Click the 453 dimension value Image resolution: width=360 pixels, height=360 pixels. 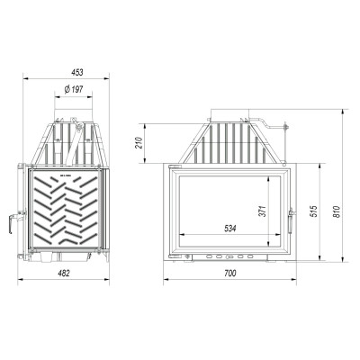click(76, 72)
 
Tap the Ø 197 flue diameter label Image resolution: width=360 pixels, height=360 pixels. click(74, 89)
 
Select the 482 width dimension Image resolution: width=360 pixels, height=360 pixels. click(64, 273)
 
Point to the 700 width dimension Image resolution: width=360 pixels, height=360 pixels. click(230, 273)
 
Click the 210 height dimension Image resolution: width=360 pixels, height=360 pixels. click(138, 143)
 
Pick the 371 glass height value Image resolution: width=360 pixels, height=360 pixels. click(263, 211)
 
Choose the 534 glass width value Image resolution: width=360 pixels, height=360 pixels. click(230, 229)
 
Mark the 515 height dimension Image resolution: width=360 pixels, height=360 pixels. click(314, 211)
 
